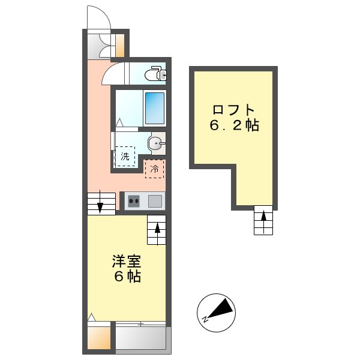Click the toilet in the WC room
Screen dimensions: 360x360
155,73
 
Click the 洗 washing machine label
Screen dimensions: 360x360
125,157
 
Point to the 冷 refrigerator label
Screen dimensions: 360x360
154,169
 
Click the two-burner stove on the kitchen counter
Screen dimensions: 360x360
134,201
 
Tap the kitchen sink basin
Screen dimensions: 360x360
155,201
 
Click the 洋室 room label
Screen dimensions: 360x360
127,261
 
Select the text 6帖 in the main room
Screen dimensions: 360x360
127,277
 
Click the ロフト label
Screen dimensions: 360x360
233,110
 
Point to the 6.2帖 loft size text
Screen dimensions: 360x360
234,125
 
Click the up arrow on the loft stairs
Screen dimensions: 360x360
263,221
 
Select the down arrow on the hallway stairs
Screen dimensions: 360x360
100,202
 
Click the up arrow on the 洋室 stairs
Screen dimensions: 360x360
157,233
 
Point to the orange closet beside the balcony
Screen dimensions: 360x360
99,338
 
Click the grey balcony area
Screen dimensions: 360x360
141,338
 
